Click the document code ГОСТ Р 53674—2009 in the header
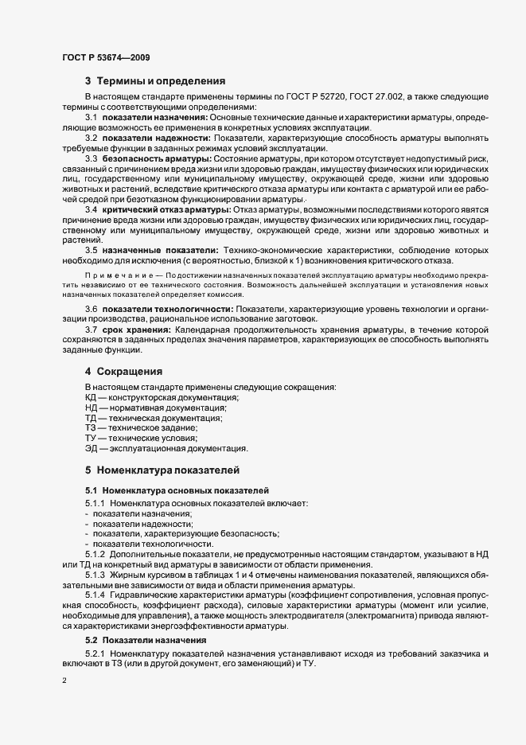point(104,57)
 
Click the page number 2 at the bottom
point(64,681)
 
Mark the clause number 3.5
point(91,250)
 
